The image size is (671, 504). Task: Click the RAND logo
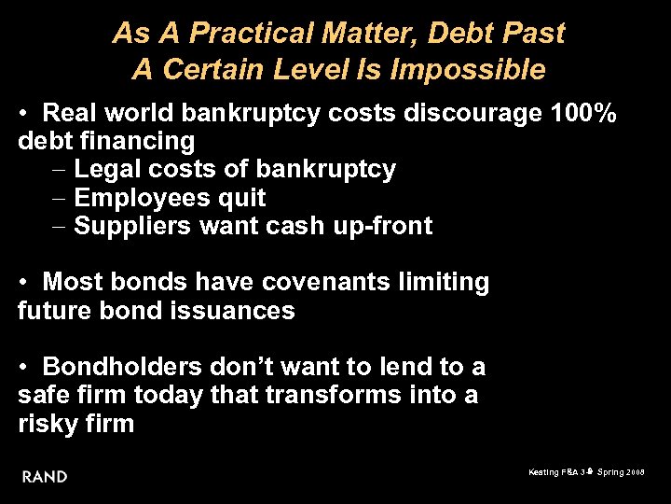[45, 476]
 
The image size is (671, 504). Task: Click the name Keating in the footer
[543, 472]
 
